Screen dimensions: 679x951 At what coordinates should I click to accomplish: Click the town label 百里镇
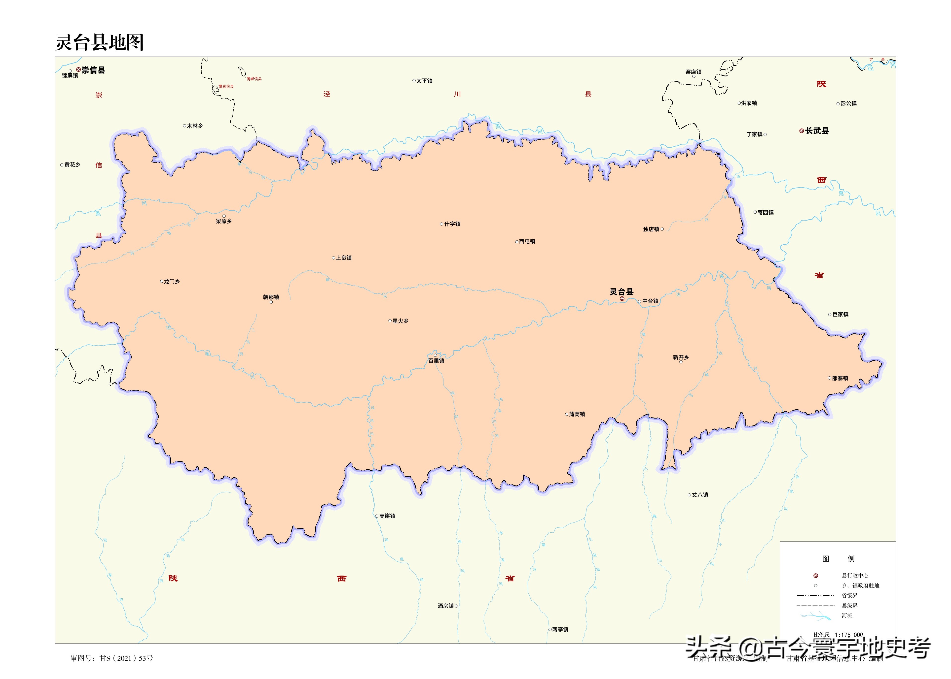coord(436,361)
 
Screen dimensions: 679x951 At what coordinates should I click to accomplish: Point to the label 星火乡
coord(401,321)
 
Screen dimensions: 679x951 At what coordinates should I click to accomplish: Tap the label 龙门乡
coord(172,281)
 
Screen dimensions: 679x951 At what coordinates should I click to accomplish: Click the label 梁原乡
coord(223,221)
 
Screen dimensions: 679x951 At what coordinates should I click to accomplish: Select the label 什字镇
coord(452,224)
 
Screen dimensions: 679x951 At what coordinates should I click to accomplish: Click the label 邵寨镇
coord(840,378)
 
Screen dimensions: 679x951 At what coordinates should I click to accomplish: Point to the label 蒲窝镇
coord(577,414)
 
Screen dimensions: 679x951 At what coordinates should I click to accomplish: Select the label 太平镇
coord(424,81)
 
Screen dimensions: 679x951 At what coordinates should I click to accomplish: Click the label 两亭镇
coord(560,630)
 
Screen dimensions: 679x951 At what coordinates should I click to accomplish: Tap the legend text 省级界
coord(849,595)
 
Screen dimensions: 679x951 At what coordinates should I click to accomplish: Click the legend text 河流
coord(847,616)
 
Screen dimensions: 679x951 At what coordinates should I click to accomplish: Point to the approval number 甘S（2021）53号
coord(126,658)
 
